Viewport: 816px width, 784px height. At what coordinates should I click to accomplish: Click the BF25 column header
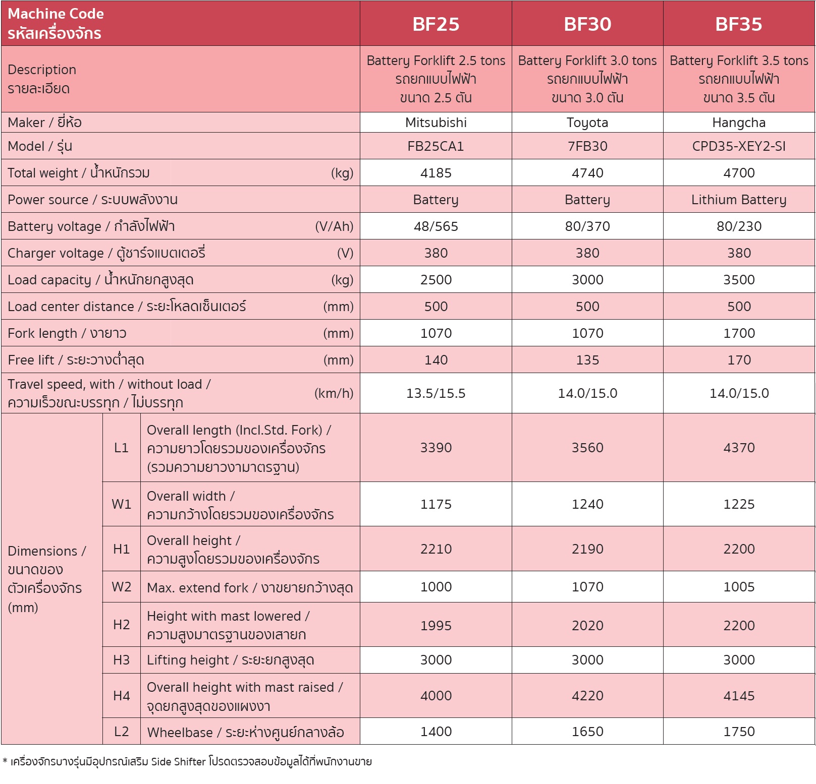click(436, 24)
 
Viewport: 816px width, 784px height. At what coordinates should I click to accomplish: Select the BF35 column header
click(738, 24)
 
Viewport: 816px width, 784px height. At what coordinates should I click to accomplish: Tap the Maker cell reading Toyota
click(587, 123)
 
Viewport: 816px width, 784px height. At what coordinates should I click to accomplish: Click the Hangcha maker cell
click(738, 123)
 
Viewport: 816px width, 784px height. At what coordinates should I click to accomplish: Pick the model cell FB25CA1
click(436, 146)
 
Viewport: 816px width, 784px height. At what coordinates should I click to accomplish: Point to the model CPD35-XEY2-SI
click(738, 146)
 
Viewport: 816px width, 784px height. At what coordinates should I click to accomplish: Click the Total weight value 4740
click(587, 173)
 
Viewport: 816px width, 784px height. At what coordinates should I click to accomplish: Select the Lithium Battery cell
click(738, 200)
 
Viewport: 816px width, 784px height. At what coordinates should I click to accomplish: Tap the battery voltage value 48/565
click(436, 226)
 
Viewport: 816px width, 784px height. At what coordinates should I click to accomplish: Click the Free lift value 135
click(587, 360)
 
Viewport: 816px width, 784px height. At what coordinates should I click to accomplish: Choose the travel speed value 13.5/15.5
click(436, 393)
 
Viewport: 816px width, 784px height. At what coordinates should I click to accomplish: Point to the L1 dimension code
click(121, 448)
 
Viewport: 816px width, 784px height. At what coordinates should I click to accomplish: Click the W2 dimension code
click(121, 587)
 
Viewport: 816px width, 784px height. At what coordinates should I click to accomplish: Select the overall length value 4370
click(738, 448)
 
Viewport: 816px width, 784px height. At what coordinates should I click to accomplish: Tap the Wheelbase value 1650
click(587, 732)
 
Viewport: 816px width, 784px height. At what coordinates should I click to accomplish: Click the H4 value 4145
click(738, 696)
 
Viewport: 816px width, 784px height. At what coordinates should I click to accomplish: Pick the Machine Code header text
click(56, 14)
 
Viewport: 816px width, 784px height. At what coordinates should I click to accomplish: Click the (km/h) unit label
click(334, 393)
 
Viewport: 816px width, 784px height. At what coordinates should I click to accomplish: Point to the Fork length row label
click(67, 333)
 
